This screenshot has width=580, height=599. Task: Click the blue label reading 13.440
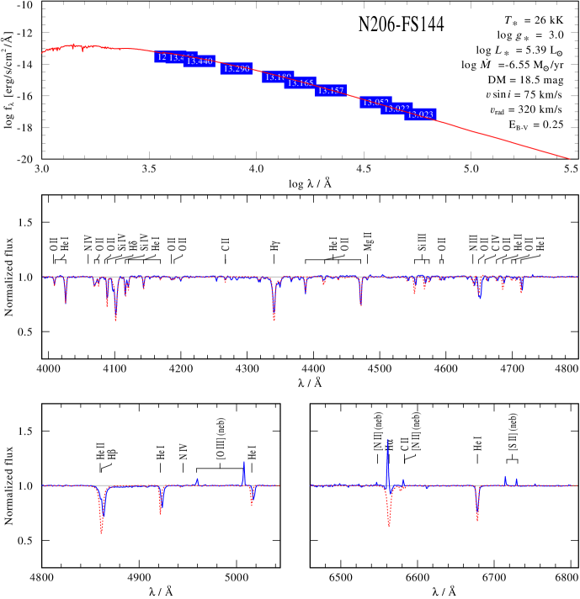click(200, 61)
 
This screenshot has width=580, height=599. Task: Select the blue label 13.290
click(237, 69)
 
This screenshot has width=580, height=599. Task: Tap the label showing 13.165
click(301, 83)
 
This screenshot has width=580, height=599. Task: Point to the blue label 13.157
click(331, 91)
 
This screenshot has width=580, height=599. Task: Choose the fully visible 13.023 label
click(421, 114)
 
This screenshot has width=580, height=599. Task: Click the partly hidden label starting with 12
click(162, 57)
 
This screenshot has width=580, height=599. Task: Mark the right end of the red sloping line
click(570, 158)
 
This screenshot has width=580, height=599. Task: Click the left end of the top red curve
click(42, 52)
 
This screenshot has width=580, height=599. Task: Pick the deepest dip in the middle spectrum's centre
click(274, 318)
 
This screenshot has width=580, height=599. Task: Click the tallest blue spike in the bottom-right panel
click(387, 440)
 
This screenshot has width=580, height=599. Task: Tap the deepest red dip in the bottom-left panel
click(102, 532)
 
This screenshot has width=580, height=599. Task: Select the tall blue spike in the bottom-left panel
click(244, 462)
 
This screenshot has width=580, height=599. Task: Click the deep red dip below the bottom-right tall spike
click(389, 525)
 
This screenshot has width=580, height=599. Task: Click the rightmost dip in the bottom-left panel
click(252, 503)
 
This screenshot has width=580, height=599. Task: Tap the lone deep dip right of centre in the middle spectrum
click(361, 304)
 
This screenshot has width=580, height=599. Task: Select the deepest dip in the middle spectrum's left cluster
click(116, 319)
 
